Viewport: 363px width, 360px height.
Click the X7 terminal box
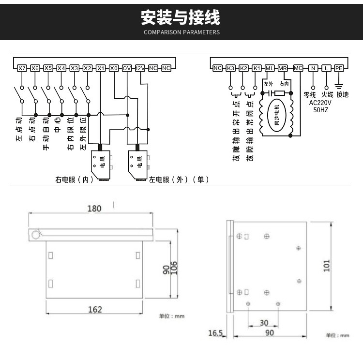tap(22, 68)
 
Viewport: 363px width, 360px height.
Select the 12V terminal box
tap(140, 68)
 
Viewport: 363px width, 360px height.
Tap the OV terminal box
tap(127, 68)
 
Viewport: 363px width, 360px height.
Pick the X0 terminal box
tap(114, 68)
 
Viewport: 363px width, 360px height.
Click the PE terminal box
tap(339, 68)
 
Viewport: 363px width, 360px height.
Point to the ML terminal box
tap(270, 68)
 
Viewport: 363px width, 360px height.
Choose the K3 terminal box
tap(231, 68)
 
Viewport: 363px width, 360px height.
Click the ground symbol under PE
tap(339, 85)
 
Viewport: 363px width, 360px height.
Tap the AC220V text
tap(320, 103)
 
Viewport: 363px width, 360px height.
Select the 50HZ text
tap(320, 110)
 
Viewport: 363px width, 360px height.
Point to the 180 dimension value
tap(94, 209)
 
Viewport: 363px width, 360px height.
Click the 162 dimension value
tap(95, 309)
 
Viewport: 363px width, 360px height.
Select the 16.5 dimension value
tap(215, 333)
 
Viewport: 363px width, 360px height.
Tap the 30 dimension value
tap(263, 323)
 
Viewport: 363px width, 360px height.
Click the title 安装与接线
tap(181, 18)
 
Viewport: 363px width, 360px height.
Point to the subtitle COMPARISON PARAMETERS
tap(181, 32)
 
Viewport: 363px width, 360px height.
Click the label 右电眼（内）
tap(74, 180)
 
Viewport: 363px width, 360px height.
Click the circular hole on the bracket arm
tap(36, 235)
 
